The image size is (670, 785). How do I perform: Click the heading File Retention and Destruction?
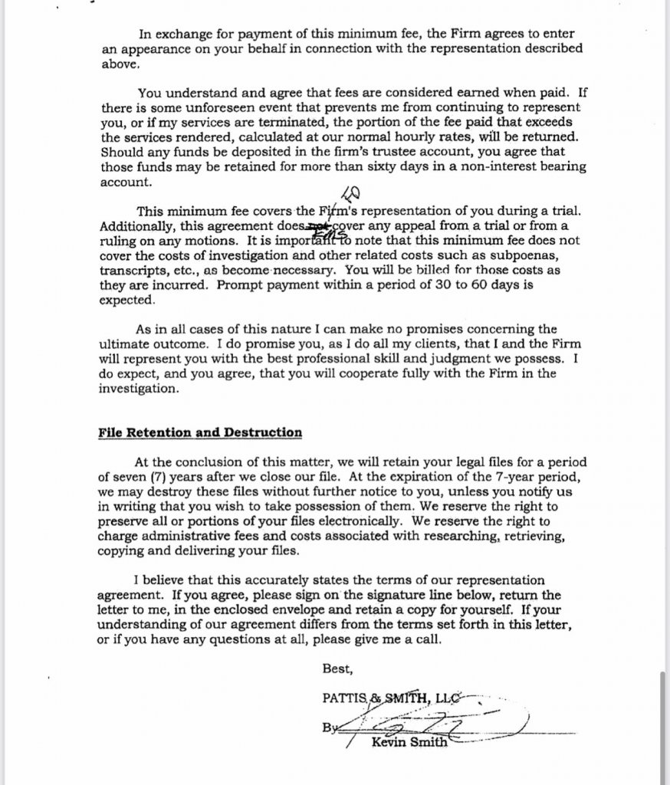click(x=199, y=432)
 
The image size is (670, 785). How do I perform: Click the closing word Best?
click(x=337, y=669)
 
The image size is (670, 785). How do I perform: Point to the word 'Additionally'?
click(x=136, y=226)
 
